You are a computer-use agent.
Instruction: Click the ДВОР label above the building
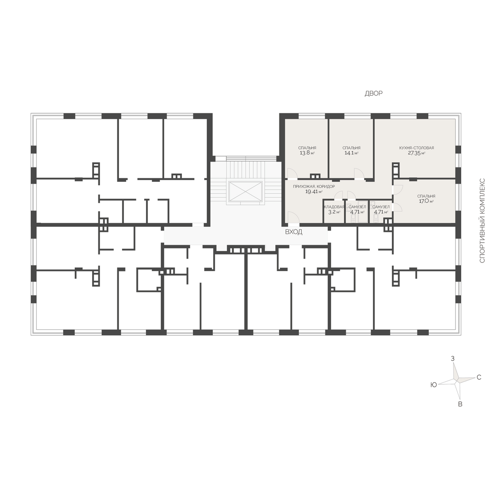[374, 93]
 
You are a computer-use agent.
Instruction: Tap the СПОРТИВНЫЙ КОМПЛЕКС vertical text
[482, 220]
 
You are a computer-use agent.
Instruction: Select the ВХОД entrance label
[294, 232]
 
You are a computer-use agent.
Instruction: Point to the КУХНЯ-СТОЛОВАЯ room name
[417, 148]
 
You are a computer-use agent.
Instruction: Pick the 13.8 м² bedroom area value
[307, 153]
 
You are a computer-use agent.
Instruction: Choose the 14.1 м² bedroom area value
[351, 153]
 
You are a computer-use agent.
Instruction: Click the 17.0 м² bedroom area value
[426, 201]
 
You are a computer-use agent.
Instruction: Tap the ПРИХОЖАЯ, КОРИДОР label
[314, 186]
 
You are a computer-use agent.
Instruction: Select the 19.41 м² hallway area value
[314, 191]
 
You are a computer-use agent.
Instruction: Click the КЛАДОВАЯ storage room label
[334, 207]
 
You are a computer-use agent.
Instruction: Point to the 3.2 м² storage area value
[334, 212]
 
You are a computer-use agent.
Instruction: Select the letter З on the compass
[453, 358]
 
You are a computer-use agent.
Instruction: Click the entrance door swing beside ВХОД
[293, 217]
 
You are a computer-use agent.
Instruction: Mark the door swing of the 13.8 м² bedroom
[292, 173]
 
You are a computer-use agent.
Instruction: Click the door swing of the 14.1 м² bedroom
[359, 173]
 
